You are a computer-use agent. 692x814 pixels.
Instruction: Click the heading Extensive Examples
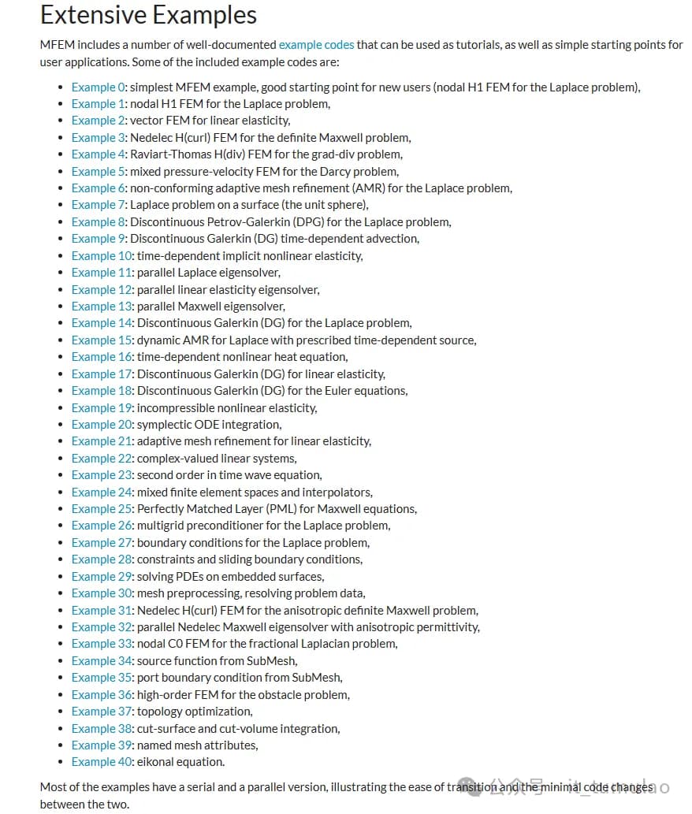pyautogui.click(x=148, y=15)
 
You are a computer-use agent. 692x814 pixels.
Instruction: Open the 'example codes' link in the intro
pyautogui.click(x=316, y=45)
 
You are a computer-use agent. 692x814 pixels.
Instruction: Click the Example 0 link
pyautogui.click(x=98, y=87)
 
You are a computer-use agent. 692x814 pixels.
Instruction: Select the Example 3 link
pyautogui.click(x=98, y=137)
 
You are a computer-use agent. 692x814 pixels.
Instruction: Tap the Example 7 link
pyautogui.click(x=98, y=205)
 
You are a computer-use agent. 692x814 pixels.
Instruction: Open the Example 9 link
pyautogui.click(x=98, y=239)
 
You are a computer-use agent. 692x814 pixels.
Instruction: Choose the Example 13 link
pyautogui.click(x=102, y=306)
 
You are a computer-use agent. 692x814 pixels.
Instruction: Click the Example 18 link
pyautogui.click(x=102, y=391)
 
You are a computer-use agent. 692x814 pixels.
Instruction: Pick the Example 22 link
pyautogui.click(x=102, y=458)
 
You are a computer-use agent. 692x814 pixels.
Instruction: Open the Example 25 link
pyautogui.click(x=102, y=508)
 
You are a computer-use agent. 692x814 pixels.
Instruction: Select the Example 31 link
pyautogui.click(x=102, y=610)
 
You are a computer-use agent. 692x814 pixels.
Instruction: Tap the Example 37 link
pyautogui.click(x=102, y=712)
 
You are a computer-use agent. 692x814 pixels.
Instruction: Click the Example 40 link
pyautogui.click(x=102, y=762)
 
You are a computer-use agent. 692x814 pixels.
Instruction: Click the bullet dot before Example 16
pyautogui.click(x=61, y=357)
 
